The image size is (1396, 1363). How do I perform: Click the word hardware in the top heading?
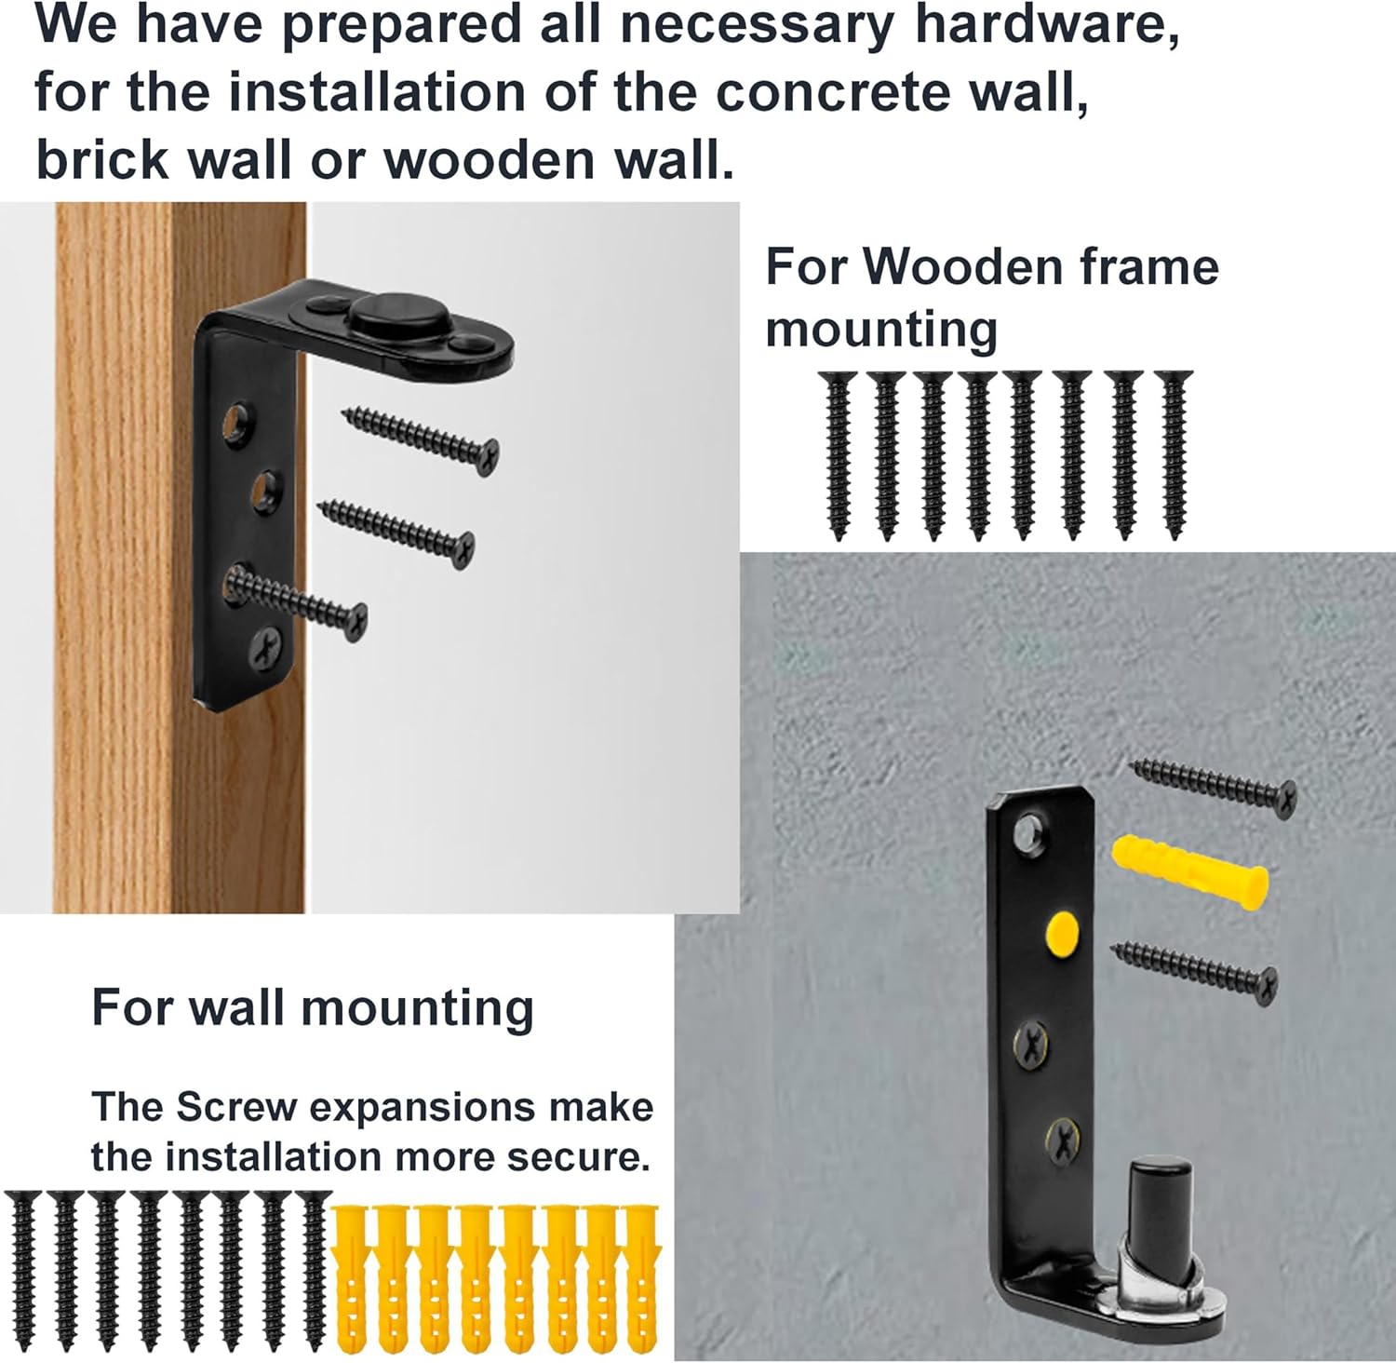pyautogui.click(x=1047, y=25)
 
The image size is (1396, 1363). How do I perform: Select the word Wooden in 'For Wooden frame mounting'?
pyautogui.click(x=964, y=268)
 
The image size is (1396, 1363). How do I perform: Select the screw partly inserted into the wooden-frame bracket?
pyautogui.click(x=298, y=601)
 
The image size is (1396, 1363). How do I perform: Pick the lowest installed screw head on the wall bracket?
pyautogui.click(x=1062, y=1139)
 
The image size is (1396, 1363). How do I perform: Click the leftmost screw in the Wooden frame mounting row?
pyautogui.click(x=839, y=454)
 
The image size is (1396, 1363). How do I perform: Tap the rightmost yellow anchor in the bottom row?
pyautogui.click(x=640, y=1277)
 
